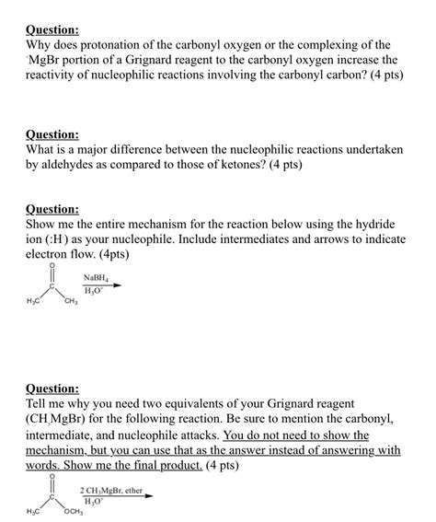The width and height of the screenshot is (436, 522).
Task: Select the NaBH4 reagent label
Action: coord(95,277)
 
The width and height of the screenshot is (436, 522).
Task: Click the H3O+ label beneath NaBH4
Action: coord(94,291)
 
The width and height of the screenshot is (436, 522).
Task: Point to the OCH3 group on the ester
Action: coord(74,512)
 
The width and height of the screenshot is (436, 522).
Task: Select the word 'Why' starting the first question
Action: coord(40,44)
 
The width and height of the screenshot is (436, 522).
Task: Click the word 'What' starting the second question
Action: coord(44,149)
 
